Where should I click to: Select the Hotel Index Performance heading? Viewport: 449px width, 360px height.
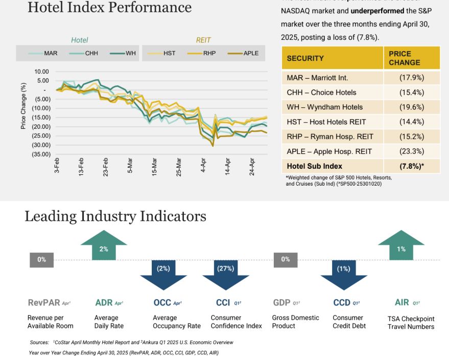pos(109,8)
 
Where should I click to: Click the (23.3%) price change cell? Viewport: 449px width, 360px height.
pos(411,151)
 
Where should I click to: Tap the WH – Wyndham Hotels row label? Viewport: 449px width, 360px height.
pos(325,107)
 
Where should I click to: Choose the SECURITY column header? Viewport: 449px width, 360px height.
pos(305,58)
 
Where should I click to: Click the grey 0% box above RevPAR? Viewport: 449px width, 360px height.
pos(41,259)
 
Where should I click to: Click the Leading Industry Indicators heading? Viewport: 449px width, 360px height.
pos(115,216)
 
